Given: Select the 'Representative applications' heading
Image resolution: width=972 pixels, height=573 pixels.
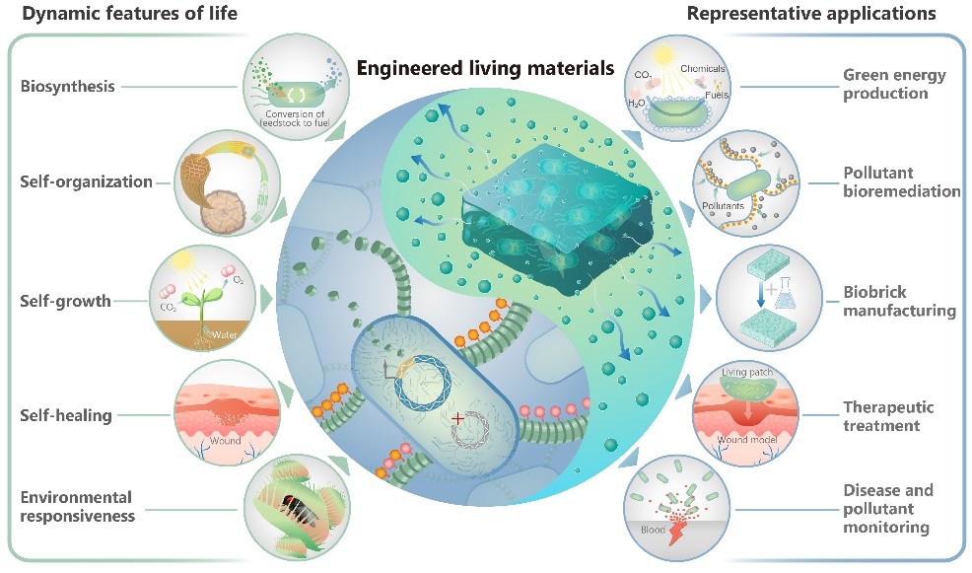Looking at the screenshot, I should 811,14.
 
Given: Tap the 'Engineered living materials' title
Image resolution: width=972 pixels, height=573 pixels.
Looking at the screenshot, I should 485,69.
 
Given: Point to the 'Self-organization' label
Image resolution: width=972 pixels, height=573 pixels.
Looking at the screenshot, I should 87,181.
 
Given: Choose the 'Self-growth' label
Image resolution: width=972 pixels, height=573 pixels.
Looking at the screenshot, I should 66,300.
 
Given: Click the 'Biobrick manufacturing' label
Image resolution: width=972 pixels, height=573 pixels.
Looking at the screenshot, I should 899,301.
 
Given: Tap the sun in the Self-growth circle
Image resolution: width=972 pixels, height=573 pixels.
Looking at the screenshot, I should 182,263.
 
